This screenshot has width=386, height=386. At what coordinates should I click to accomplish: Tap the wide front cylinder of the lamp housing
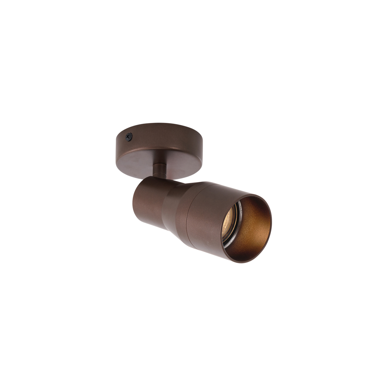[206, 219]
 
